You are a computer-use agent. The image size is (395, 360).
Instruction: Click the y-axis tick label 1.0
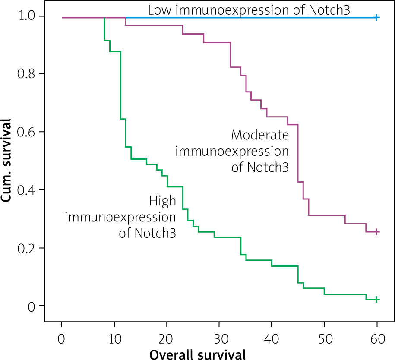pos(28,16)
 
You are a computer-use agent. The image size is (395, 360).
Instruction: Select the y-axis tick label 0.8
pos(28,74)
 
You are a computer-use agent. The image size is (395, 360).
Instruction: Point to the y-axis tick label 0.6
pos(28,132)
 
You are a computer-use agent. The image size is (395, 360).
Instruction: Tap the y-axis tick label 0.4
pos(28,190)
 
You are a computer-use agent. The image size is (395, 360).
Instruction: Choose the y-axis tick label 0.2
pos(28,248)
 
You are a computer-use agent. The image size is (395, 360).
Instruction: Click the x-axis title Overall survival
pos(198,354)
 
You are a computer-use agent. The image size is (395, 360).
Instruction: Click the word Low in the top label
pos(158,10)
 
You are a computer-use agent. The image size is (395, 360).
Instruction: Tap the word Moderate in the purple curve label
pos(260,135)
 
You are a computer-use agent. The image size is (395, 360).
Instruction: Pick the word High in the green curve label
pos(163,202)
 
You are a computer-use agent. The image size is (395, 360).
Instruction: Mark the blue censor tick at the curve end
pos(376,18)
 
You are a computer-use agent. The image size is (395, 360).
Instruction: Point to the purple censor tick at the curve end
pos(376,232)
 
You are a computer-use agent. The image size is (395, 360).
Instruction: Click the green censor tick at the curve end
pos(376,299)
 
